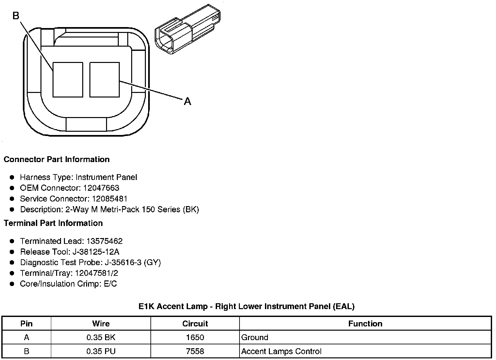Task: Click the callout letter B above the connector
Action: [x=16, y=16]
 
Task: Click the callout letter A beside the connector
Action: [x=187, y=101]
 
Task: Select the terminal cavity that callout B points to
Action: [x=68, y=80]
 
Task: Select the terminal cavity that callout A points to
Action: [x=104, y=80]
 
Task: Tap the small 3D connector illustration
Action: [x=188, y=29]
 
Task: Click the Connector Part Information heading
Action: [x=57, y=159]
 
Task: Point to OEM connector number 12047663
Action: [x=101, y=188]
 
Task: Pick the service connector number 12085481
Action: [x=110, y=199]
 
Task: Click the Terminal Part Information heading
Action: [x=54, y=223]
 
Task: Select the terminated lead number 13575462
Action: [x=104, y=241]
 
